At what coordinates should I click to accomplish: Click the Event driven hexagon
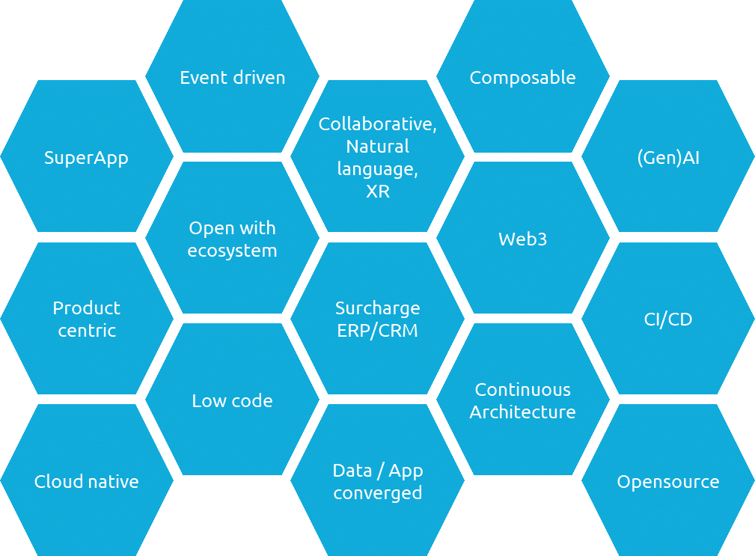[232, 77]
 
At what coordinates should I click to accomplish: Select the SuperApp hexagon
[86, 158]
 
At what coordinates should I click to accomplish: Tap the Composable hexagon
[522, 77]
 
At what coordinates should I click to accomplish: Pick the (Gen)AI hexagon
[667, 158]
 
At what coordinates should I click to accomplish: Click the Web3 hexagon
[522, 239]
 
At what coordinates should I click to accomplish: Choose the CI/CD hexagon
[667, 320]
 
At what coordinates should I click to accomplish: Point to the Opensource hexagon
[667, 482]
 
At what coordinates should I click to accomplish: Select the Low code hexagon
[232, 400]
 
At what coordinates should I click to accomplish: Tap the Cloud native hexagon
[86, 481]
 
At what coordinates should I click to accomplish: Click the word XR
[377, 192]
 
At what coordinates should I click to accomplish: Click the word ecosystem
[232, 251]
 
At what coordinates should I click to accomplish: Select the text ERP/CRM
[377, 331]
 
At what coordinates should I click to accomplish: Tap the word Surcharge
[377, 308]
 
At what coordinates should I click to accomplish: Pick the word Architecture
[522, 412]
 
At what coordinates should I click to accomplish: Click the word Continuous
[522, 390]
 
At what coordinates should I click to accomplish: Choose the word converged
[377, 493]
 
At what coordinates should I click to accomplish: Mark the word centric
[86, 331]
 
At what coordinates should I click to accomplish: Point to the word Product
[86, 308]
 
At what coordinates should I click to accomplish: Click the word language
[377, 169]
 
